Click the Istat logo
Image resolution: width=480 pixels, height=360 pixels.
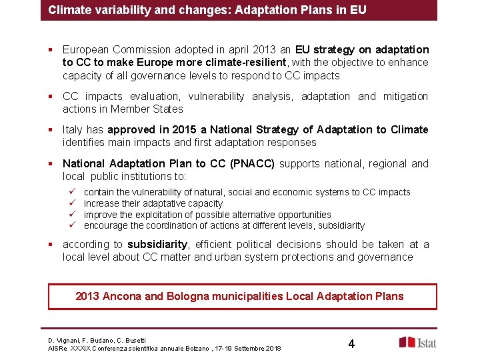pos(419,342)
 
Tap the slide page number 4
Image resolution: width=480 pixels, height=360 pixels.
pos(351,344)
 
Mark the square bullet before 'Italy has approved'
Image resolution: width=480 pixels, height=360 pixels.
pos(51,129)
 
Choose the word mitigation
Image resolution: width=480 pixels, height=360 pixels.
pos(405,96)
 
